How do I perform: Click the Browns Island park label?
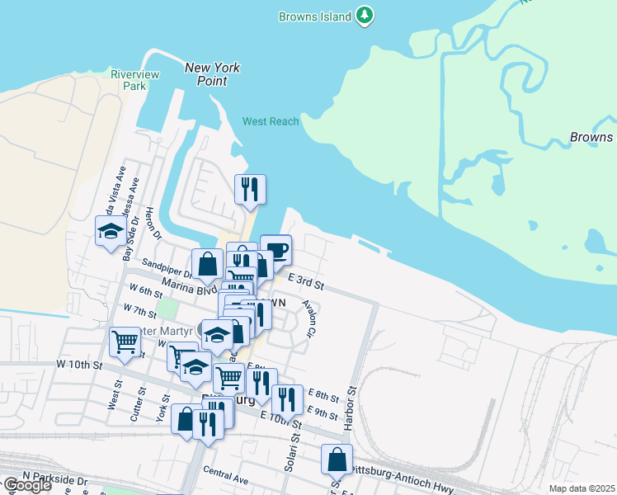[317, 16]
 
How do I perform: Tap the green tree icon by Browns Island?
[365, 16]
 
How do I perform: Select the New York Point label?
[212, 73]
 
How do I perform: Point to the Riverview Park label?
[128, 79]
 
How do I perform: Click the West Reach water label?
[271, 121]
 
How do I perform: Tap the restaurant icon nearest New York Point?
[249, 189]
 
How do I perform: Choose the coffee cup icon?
[276, 249]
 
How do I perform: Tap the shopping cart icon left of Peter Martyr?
[125, 341]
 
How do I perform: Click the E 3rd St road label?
[305, 285]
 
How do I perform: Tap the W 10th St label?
[79, 364]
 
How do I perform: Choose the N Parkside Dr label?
[55, 478]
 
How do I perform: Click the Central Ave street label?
[225, 477]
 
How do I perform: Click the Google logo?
[26, 485]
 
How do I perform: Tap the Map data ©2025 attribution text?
[582, 488]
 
